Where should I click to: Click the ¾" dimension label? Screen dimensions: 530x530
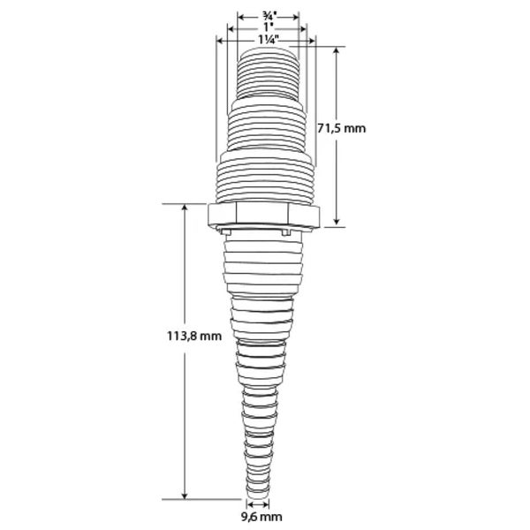tap(269, 16)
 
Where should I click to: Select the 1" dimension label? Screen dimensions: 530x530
tap(269, 27)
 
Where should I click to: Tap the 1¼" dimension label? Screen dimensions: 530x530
tap(269, 39)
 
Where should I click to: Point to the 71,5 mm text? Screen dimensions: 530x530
tap(342, 128)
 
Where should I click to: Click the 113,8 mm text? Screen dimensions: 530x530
tap(194, 336)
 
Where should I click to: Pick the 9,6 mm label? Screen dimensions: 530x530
tap(261, 517)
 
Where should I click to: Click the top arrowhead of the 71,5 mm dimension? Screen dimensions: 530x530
tap(336, 50)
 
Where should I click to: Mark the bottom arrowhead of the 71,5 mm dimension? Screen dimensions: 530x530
tap(336, 221)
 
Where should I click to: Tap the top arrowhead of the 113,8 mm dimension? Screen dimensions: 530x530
tap(185, 208)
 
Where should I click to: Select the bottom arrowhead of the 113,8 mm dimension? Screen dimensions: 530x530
tap(185, 496)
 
